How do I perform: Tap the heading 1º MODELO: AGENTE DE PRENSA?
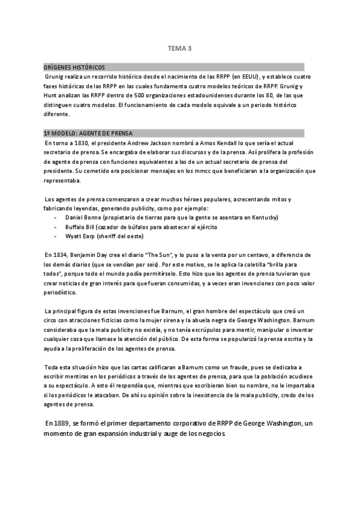pos(88,133)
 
